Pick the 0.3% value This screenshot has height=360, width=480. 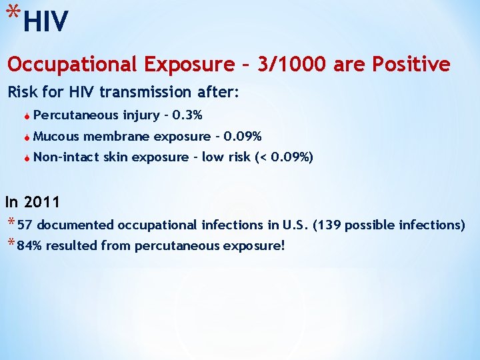tap(187, 115)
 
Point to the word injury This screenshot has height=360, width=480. tap(141, 115)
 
